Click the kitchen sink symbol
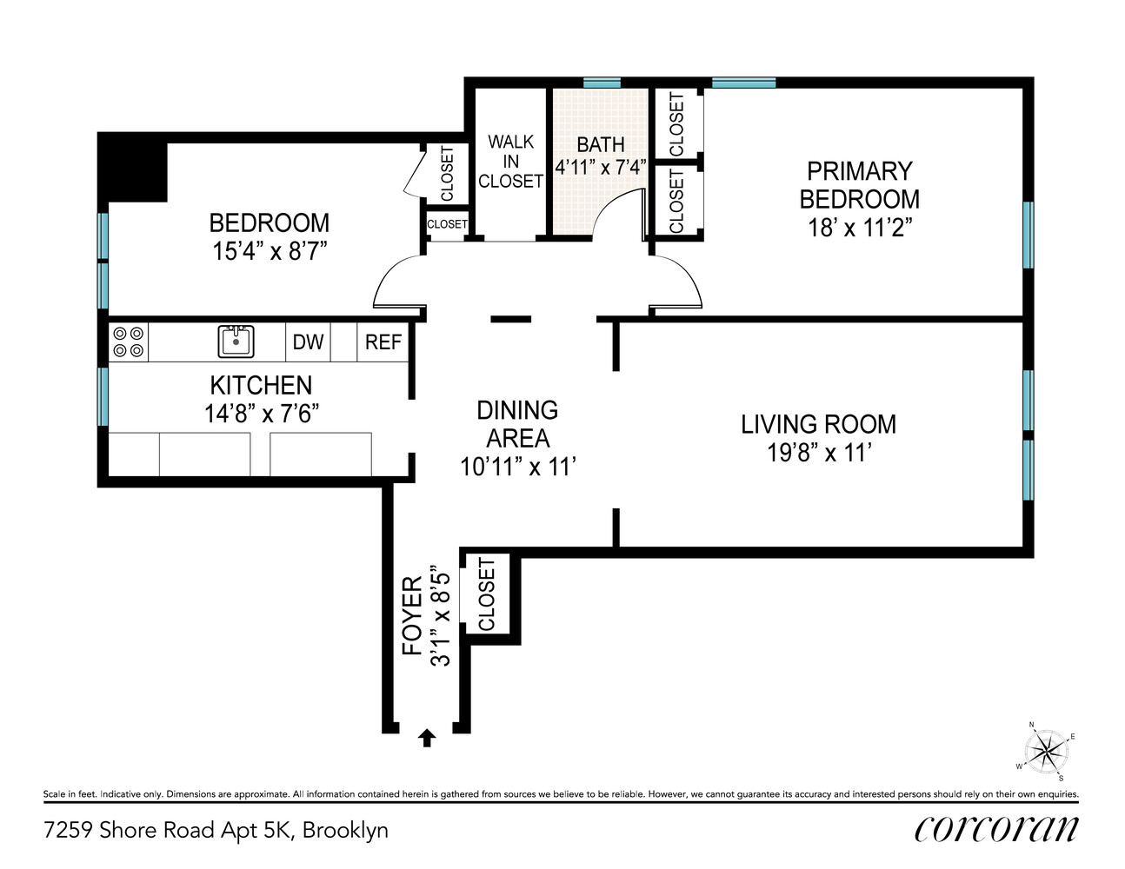pyautogui.click(x=236, y=341)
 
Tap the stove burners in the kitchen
pyautogui.click(x=129, y=342)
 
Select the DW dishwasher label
pyautogui.click(x=308, y=342)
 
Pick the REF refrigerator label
pyautogui.click(x=383, y=342)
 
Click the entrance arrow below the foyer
pyautogui.click(x=426, y=738)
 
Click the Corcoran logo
pyautogui.click(x=995, y=829)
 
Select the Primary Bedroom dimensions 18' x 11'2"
pyautogui.click(x=859, y=228)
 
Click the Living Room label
pyautogui.click(x=818, y=424)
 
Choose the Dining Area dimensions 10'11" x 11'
pyautogui.click(x=518, y=468)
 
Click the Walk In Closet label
pyautogui.click(x=510, y=162)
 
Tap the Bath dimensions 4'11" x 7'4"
pyautogui.click(x=601, y=167)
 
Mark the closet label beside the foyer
pyautogui.click(x=487, y=595)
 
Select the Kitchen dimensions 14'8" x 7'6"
pyautogui.click(x=261, y=414)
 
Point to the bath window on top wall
pyautogui.click(x=602, y=83)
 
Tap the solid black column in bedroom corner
pyautogui.click(x=132, y=170)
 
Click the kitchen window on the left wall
pyautogui.click(x=103, y=396)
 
